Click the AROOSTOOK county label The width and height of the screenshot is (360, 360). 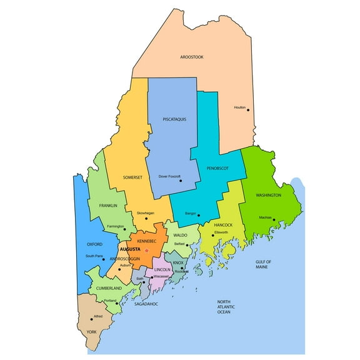pyautogui.click(x=192, y=57)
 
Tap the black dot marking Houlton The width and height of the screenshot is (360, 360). pyautogui.click(x=248, y=110)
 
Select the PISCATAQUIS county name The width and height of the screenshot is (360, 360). pyautogui.click(x=174, y=119)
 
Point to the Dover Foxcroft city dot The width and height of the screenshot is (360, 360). pyautogui.click(x=180, y=181)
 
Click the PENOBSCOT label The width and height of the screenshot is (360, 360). pyautogui.click(x=216, y=168)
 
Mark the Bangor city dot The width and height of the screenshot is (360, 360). pyautogui.click(x=199, y=214)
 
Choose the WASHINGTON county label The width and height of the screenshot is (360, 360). pyautogui.click(x=268, y=195)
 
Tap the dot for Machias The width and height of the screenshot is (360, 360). pyautogui.click(x=274, y=219)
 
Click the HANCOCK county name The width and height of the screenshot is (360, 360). pyautogui.click(x=223, y=225)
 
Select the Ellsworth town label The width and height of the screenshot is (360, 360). pyautogui.click(x=222, y=232)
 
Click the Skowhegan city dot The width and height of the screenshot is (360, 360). pyautogui.click(x=146, y=218)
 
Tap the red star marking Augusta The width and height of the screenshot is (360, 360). pyautogui.click(x=146, y=251)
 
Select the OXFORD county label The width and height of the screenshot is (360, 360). pyautogui.click(x=94, y=244)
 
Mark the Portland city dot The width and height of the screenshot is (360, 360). pyautogui.click(x=117, y=304)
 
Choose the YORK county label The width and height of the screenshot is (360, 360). pyautogui.click(x=92, y=331)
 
